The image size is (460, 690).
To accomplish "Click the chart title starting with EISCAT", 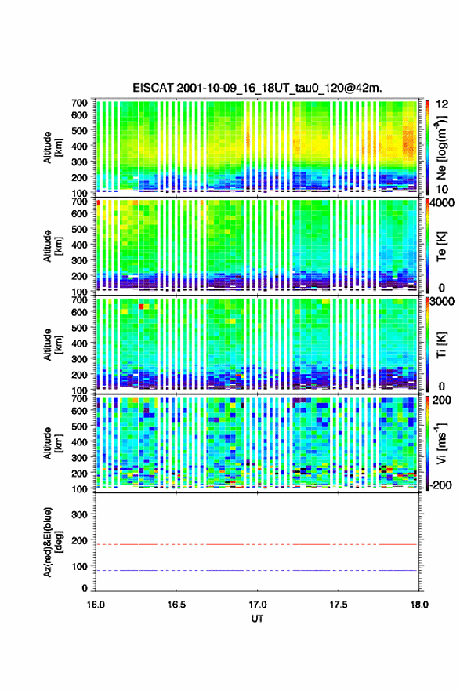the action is [257, 88].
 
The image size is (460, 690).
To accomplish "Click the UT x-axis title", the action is [257, 619].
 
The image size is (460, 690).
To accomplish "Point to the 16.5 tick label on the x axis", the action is [176, 605].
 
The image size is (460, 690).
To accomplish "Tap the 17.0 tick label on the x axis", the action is [257, 605].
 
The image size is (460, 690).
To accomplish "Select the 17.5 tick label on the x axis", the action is [339, 605].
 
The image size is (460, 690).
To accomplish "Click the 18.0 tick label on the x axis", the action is [419, 605].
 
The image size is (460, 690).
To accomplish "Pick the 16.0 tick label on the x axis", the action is [96, 605].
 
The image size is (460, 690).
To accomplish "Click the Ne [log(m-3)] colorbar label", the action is [442, 148].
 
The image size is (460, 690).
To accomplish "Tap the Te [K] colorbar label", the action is [442, 247].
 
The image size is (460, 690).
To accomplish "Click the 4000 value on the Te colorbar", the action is [443, 203].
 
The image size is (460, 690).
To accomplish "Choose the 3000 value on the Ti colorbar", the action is [443, 301].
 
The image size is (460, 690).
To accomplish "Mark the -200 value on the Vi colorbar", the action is [440, 485].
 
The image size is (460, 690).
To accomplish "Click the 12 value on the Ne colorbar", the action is [443, 104].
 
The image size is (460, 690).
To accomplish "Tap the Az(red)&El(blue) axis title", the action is [53, 542].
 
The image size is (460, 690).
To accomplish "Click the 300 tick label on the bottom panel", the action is [80, 514].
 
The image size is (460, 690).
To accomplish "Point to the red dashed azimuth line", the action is [256, 544].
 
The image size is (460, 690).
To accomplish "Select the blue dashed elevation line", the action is [256, 570].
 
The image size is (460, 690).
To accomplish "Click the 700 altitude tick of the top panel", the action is [80, 103].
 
